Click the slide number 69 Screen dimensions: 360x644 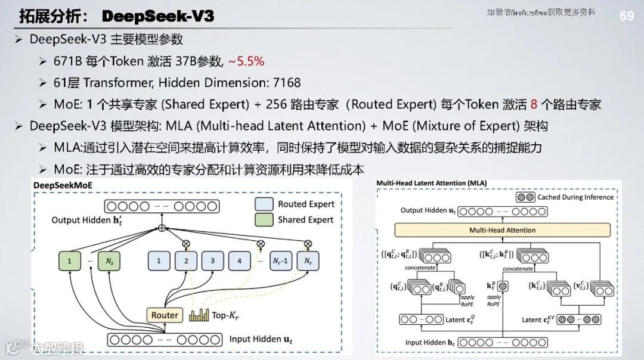coord(627,16)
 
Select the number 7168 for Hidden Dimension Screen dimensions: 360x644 coord(283,82)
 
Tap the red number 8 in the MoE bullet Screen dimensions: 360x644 coord(534,104)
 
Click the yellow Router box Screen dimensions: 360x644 coord(164,315)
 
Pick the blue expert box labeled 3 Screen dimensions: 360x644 coord(212,260)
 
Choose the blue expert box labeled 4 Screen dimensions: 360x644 coord(239,260)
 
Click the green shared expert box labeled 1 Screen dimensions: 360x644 coord(69,260)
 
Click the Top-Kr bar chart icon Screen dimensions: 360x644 coord(198,315)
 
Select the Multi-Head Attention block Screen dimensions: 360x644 coord(502,230)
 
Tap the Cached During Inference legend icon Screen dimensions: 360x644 coord(525,197)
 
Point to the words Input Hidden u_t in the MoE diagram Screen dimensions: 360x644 coord(261,339)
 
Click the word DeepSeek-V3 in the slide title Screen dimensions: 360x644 coord(158,16)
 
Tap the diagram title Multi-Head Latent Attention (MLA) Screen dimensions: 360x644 coord(431,183)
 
